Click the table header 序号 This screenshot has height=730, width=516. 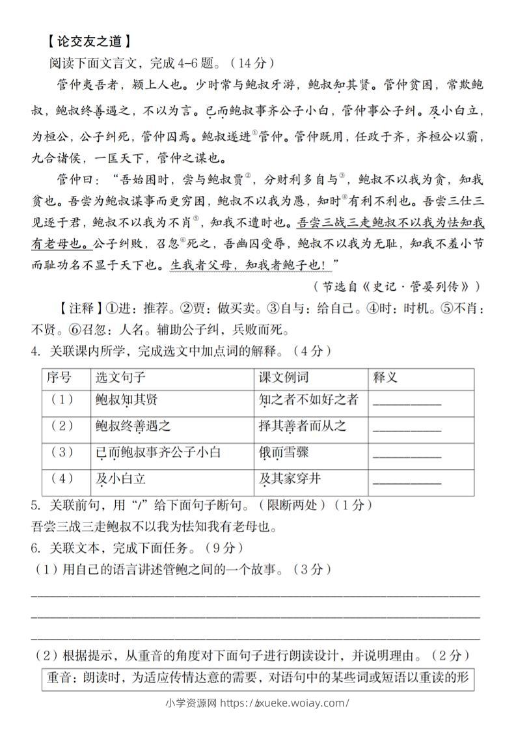(x=58, y=378)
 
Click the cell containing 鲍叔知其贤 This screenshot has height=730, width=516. (x=126, y=399)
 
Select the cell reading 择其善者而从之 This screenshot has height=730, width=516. (x=303, y=426)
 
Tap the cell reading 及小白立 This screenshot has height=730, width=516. (x=120, y=480)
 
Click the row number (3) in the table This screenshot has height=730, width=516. (x=62, y=453)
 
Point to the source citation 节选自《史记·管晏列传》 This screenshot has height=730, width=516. (x=397, y=286)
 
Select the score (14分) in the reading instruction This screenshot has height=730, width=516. (x=254, y=63)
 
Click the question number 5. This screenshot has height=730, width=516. (x=35, y=505)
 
